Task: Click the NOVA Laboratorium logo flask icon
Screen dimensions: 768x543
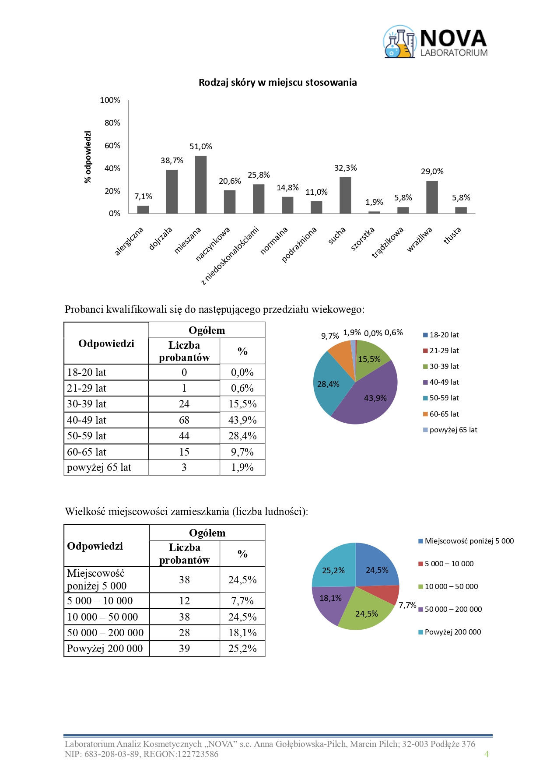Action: point(399,42)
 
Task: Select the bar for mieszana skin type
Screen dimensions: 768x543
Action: point(201,185)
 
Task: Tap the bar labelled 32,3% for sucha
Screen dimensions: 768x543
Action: point(345,195)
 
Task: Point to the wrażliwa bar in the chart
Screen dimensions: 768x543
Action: point(432,197)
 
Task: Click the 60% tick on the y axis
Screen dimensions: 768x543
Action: point(112,146)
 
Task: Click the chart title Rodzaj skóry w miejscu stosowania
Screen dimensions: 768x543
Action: point(277,83)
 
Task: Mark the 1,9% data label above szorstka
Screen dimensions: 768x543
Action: point(374,202)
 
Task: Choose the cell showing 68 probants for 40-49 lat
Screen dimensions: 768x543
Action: point(184,420)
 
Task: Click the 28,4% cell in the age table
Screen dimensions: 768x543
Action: point(242,436)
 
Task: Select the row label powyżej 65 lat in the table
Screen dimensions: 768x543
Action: point(99,467)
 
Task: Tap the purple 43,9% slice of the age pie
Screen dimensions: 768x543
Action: point(372,400)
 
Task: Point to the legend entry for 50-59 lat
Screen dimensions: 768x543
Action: point(444,398)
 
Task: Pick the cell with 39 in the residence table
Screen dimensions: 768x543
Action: point(184,649)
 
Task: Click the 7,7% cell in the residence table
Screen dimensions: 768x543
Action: point(242,601)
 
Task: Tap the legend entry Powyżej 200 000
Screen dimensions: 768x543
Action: point(452,632)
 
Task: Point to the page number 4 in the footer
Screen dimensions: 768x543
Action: point(486,754)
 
